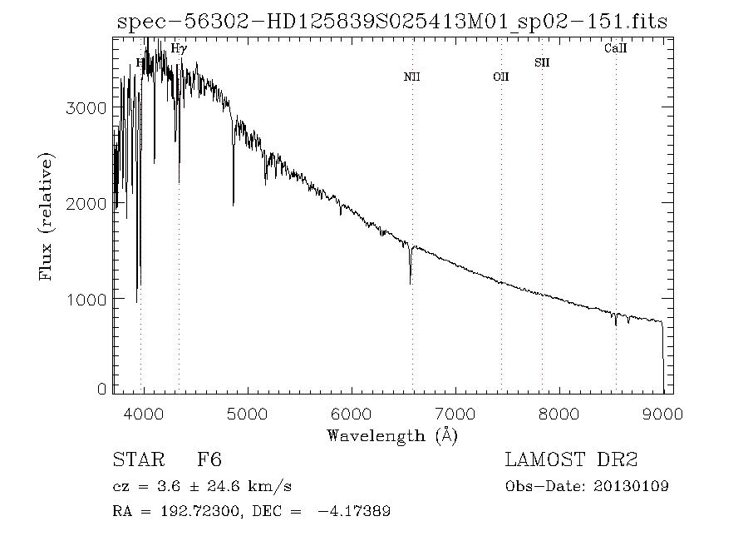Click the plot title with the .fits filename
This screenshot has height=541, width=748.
click(x=392, y=22)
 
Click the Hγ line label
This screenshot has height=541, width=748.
click(x=178, y=49)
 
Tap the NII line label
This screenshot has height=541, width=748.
click(x=411, y=77)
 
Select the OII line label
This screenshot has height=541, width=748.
click(x=500, y=77)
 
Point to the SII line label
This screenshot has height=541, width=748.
click(x=542, y=62)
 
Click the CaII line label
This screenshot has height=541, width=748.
click(x=615, y=49)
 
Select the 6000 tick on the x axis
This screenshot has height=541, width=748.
click(x=352, y=411)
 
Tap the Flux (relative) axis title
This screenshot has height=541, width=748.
click(x=47, y=216)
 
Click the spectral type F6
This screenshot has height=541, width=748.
click(x=209, y=460)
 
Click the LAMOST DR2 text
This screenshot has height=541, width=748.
click(x=571, y=460)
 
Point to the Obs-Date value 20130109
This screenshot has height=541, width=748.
click(x=632, y=486)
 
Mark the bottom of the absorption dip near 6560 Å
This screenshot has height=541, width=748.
click(x=411, y=283)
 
